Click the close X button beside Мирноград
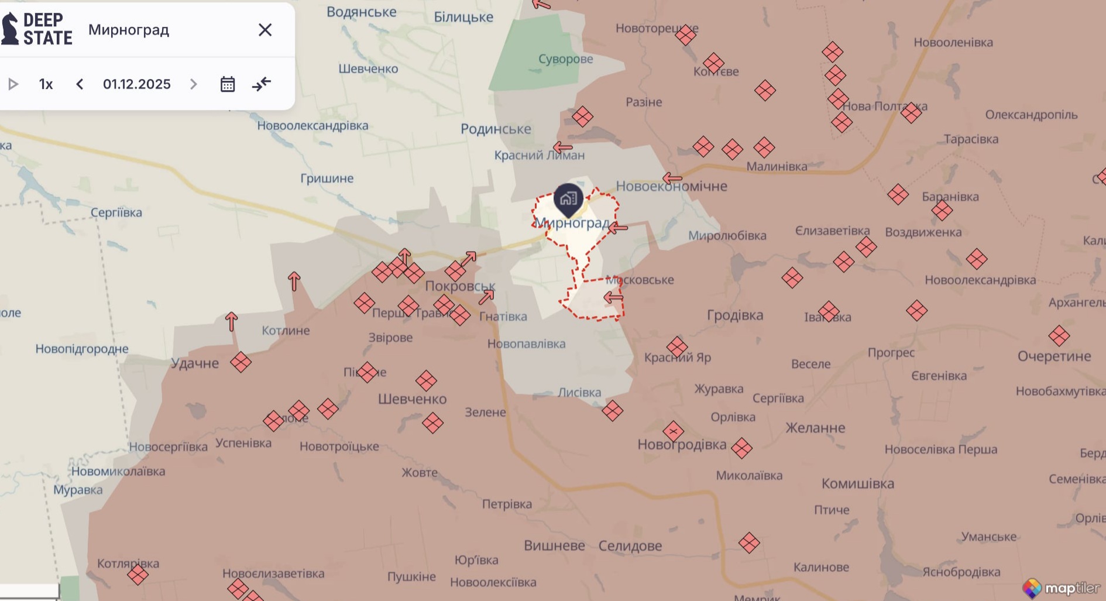coord(265,30)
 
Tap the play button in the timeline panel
coord(13,84)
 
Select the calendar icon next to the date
coord(228,84)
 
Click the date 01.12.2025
coord(136,84)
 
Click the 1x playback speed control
coord(46,84)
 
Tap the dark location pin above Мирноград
coord(568,199)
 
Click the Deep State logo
coord(37,29)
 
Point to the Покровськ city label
coord(460,286)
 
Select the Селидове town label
coord(630,545)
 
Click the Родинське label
coord(496,129)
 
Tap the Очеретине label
coord(1054,356)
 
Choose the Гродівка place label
coord(735,315)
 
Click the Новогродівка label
coord(682,445)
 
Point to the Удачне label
coord(195,363)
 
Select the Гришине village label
coord(327,178)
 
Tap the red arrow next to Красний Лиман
coord(562,147)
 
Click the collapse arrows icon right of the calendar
coord(262,84)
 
